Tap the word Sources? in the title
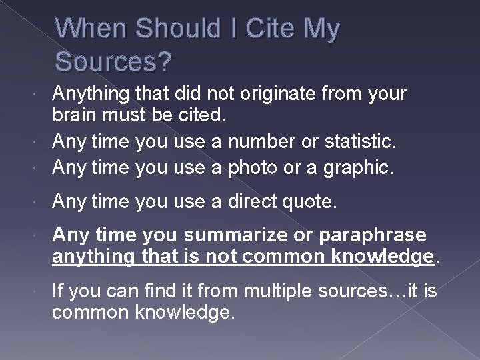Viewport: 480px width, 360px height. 114,62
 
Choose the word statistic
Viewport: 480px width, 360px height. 360,141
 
